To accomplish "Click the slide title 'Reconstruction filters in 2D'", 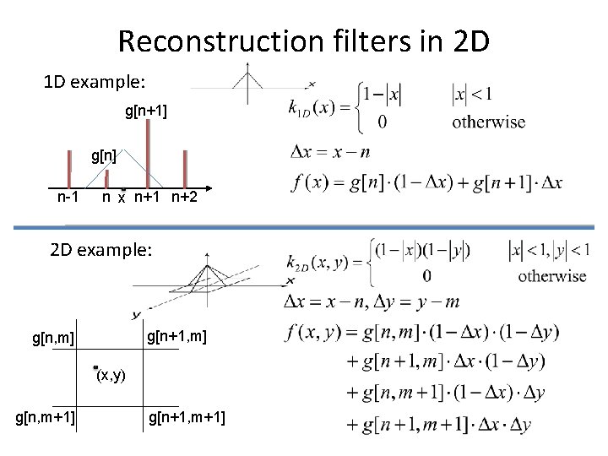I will tap(303, 41).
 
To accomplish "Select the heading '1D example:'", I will tap(95, 84).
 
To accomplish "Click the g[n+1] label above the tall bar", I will tap(147, 111).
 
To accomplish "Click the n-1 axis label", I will tap(68, 198).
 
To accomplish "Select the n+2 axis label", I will tap(182, 198).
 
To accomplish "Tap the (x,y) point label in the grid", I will tap(112, 375).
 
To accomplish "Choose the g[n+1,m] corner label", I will tap(176, 338).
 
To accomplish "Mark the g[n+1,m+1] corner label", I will tap(187, 416).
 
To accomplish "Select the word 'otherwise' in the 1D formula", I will tap(488, 122).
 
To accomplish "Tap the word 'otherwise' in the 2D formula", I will tap(551, 275).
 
